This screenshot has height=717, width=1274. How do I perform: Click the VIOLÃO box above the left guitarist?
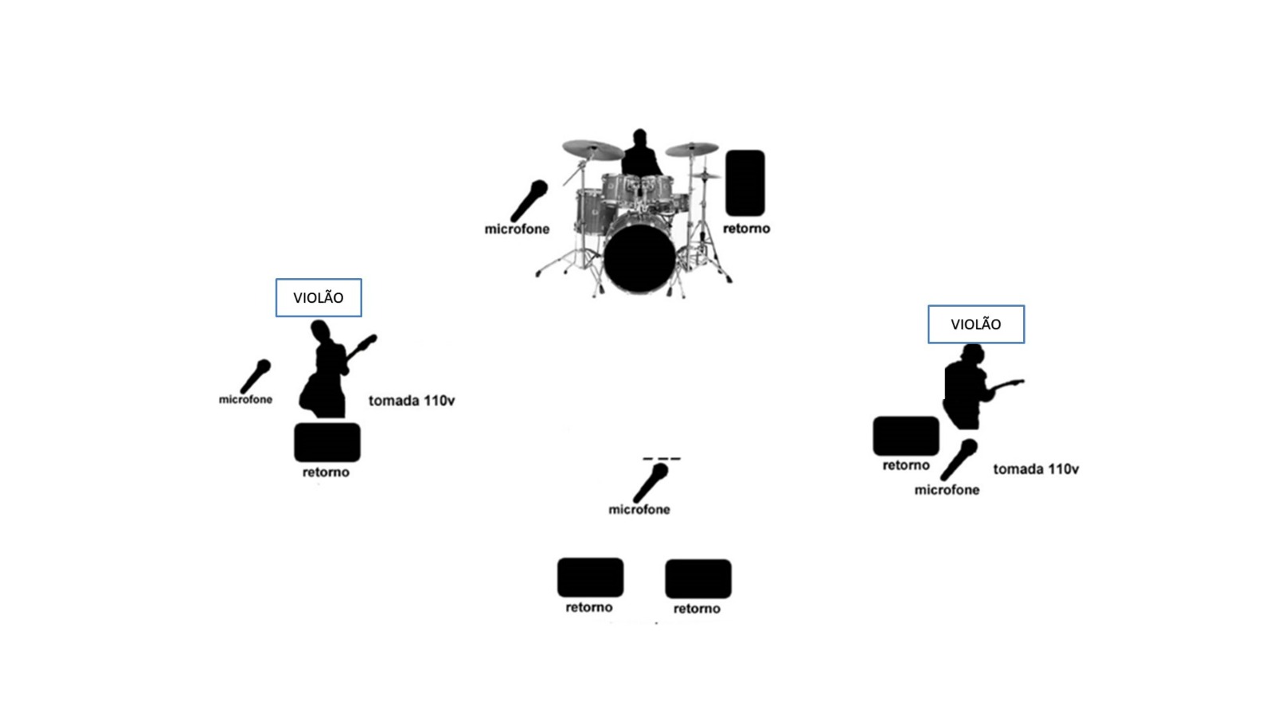(318, 298)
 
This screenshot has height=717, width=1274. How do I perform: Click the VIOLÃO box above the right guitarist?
(976, 324)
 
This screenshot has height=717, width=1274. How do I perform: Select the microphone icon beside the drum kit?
(530, 200)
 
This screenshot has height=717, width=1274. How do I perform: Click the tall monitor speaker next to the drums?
(745, 183)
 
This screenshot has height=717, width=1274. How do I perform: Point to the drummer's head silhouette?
(639, 136)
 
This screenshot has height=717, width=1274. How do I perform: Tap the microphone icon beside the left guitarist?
(256, 376)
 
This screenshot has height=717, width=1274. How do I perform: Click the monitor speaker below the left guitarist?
(327, 442)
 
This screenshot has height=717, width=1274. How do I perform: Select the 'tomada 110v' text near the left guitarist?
(412, 401)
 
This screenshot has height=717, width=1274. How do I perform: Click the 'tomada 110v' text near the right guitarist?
(1036, 469)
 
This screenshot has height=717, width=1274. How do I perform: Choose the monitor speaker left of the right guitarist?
(906, 436)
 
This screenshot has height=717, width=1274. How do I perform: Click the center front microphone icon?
(651, 483)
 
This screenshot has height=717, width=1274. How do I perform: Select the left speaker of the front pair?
(590, 578)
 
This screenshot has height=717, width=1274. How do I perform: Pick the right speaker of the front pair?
(698, 578)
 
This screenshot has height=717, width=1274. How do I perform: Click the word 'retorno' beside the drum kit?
(746, 229)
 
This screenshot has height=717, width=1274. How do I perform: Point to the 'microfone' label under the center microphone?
(639, 510)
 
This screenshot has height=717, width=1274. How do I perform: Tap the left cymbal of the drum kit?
(592, 149)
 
